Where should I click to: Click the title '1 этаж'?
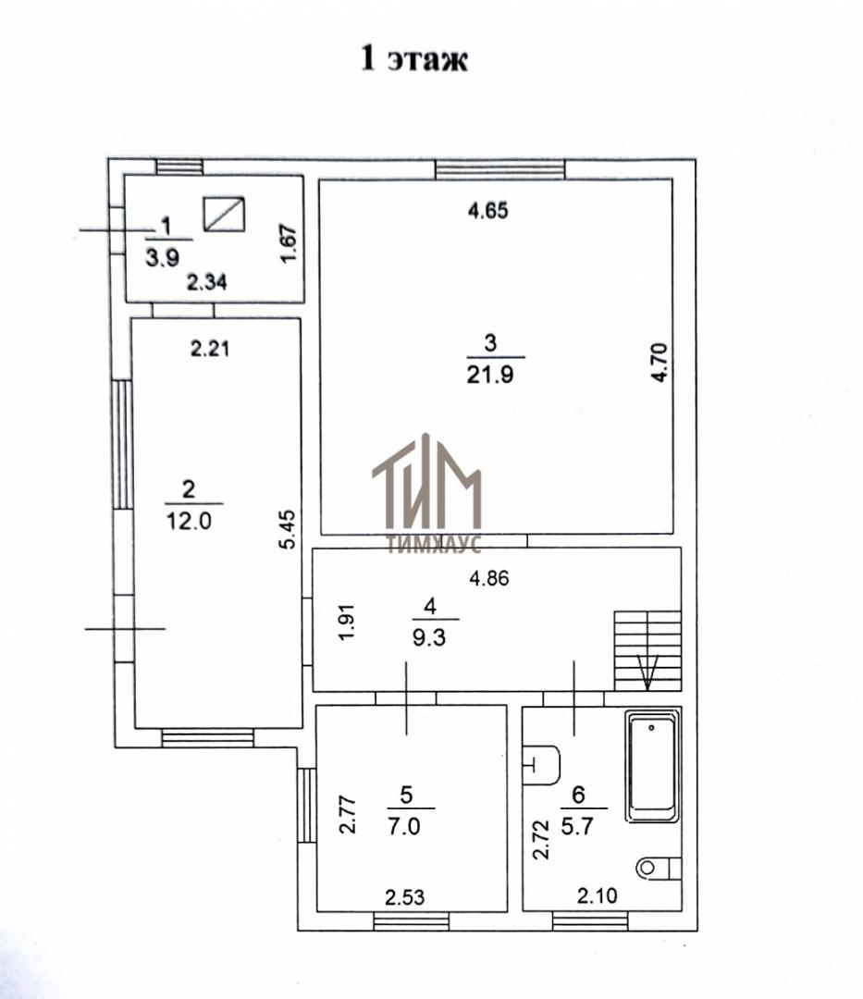coord(414,58)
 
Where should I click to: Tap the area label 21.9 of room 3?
coord(490,375)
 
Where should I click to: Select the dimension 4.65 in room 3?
coord(488,210)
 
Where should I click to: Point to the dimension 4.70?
coord(660,363)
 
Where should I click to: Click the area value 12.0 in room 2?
coord(189,521)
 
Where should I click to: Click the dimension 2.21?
coord(210,349)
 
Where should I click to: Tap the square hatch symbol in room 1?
coord(224,214)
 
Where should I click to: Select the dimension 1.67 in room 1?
coord(289,242)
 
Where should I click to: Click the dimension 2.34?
coord(207,281)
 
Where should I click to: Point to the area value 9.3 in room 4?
coord(429,636)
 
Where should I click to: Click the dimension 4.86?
coord(489,578)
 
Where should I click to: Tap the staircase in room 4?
coord(647,650)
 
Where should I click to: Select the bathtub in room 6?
coord(653,767)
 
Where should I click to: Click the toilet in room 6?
coord(659,867)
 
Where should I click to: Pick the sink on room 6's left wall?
coord(541,765)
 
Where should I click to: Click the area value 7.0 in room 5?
coord(404,826)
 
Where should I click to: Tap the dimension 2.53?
coord(404,897)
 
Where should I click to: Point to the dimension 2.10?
coord(597,895)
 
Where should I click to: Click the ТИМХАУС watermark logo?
coord(426,492)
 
